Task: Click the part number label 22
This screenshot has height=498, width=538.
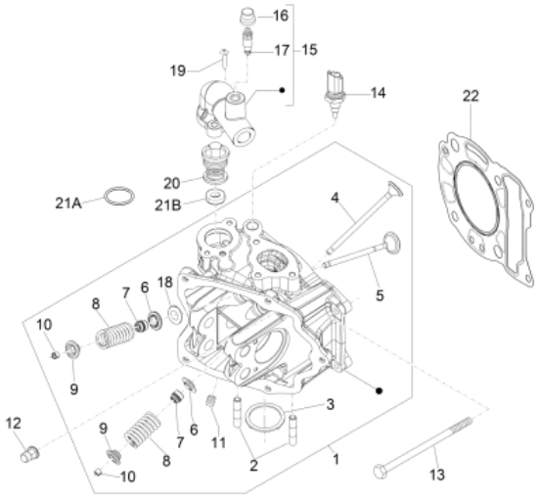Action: point(471,95)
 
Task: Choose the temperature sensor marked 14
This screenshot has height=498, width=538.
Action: point(337,95)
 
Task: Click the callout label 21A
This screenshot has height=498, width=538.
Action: point(69,203)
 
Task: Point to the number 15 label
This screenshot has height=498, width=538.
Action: point(309,49)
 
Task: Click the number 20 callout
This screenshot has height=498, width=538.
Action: point(171,182)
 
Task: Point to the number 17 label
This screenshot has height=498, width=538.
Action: point(282,50)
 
